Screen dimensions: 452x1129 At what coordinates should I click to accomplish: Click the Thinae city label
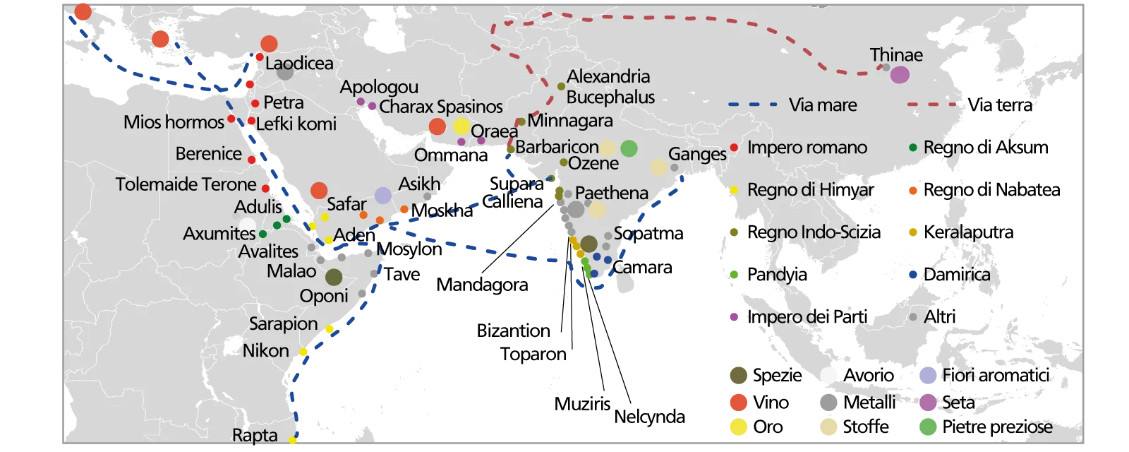pyautogui.click(x=895, y=55)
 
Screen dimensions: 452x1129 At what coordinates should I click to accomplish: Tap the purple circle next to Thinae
pyautogui.click(x=900, y=74)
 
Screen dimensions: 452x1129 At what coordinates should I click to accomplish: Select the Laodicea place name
pyautogui.click(x=299, y=63)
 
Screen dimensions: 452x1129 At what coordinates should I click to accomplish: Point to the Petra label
pyautogui.click(x=283, y=102)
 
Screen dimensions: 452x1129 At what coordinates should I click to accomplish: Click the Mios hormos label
pyautogui.click(x=174, y=122)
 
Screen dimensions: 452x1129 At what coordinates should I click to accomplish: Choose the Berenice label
pyautogui.click(x=208, y=154)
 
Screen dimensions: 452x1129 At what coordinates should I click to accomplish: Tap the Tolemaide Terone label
pyautogui.click(x=186, y=184)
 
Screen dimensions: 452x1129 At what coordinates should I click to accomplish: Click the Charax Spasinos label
pyautogui.click(x=440, y=107)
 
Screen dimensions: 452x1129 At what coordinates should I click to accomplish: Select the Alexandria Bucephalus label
pyautogui.click(x=610, y=86)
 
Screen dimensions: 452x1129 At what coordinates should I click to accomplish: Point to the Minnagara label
pyautogui.click(x=570, y=121)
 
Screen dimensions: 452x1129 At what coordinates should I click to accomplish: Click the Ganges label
pyautogui.click(x=696, y=154)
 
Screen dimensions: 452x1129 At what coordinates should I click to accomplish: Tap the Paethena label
pyautogui.click(x=611, y=193)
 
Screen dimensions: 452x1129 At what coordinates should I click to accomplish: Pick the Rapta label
pyautogui.click(x=255, y=436)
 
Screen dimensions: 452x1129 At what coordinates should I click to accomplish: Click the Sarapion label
pyautogui.click(x=283, y=324)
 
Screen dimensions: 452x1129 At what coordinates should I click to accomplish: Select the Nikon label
pyautogui.click(x=265, y=350)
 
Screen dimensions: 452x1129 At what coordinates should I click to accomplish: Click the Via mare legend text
pyautogui.click(x=823, y=105)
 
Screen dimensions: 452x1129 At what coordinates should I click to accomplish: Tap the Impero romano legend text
pyautogui.click(x=807, y=148)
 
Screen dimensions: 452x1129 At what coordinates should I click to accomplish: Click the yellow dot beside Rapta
pyautogui.click(x=293, y=441)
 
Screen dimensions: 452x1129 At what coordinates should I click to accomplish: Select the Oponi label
pyautogui.click(x=324, y=296)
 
